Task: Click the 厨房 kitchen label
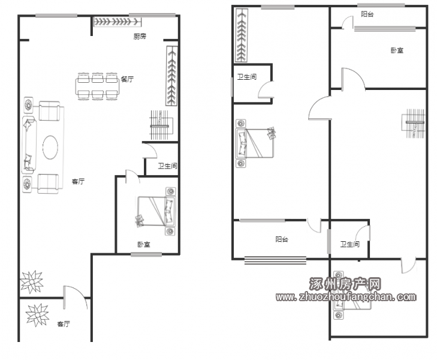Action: pos(140,37)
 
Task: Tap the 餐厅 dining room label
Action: pos(127,79)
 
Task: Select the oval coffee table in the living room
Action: pos(50,147)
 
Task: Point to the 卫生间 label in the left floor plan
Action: pos(167,166)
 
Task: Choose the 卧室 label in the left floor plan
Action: pos(144,245)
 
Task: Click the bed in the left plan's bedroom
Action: pos(156,211)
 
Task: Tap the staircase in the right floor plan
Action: pos(413,122)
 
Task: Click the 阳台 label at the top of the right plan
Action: pos(367,14)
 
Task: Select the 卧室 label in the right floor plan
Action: pos(397,50)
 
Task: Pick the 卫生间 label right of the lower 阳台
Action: pos(349,245)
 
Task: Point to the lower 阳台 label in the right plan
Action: pos(282,239)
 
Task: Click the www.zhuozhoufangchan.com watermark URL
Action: pos(346,297)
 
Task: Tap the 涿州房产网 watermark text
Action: pos(345,284)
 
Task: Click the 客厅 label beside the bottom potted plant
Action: pos(64,324)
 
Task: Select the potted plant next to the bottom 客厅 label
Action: pos(37,315)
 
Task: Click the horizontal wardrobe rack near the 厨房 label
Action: pos(117,22)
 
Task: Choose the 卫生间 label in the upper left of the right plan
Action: pos(247,77)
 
